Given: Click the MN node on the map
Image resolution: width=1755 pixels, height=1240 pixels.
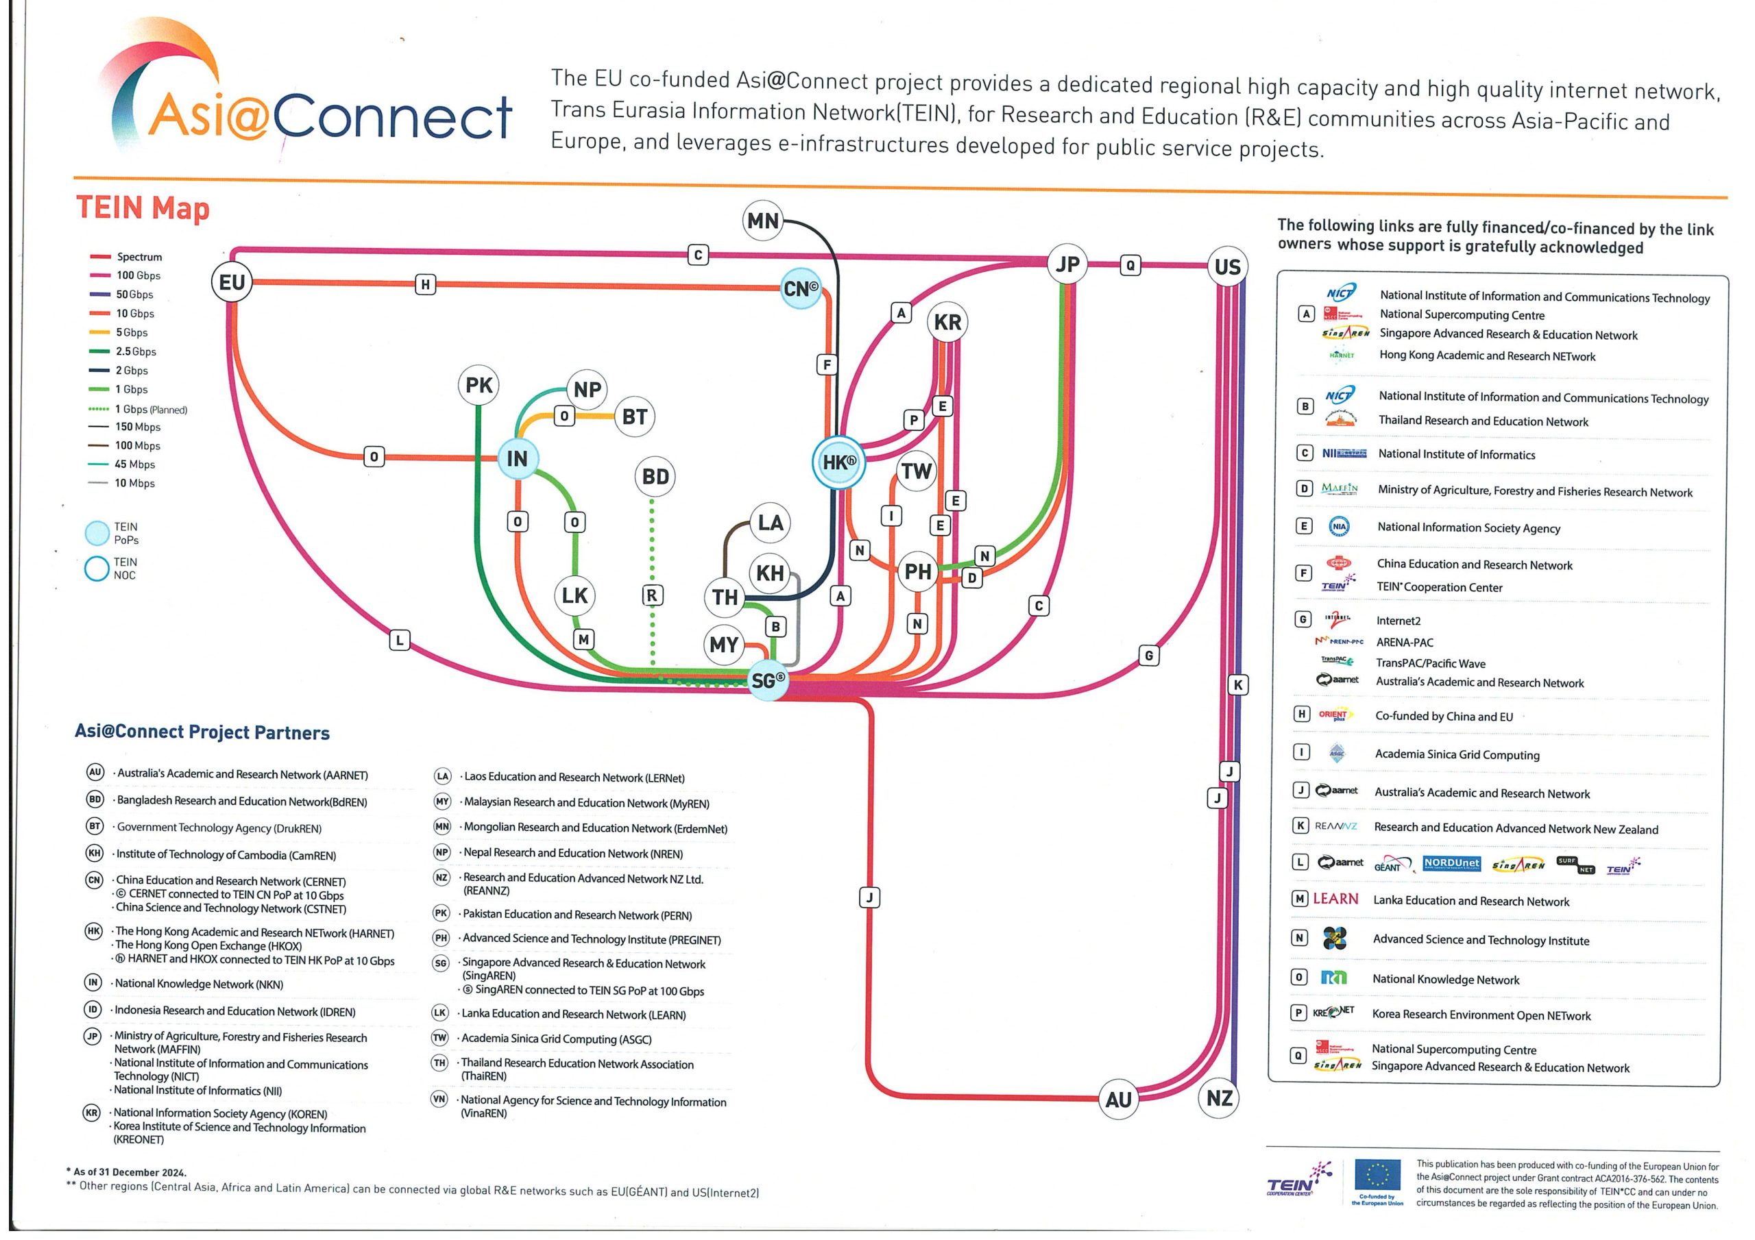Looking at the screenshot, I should [x=763, y=221].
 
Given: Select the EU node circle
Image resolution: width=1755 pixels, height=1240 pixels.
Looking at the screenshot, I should [x=232, y=282].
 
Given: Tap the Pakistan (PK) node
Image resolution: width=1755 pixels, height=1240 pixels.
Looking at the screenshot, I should [x=479, y=385].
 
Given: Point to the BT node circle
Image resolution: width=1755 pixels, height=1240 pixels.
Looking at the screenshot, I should [x=634, y=417].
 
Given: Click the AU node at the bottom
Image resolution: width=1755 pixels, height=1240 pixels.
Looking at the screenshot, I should [x=1117, y=1100].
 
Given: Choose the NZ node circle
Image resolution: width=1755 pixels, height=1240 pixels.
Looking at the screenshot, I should [x=1219, y=1098].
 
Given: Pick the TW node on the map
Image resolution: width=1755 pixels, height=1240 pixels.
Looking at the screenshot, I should [x=916, y=471].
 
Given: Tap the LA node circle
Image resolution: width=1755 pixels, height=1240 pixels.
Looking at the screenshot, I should [x=770, y=523].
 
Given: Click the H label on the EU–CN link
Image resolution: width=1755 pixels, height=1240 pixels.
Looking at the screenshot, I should [x=425, y=284].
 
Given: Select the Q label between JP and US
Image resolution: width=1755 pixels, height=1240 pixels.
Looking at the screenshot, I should [x=1130, y=265].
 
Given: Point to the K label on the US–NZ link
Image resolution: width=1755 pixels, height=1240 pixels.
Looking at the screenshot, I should [x=1237, y=684].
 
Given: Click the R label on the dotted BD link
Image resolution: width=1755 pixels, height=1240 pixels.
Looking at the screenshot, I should [x=651, y=595].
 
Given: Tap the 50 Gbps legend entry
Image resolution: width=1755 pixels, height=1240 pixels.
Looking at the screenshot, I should [x=134, y=294].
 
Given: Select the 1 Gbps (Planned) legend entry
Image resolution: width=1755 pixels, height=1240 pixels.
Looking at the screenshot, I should [x=150, y=410].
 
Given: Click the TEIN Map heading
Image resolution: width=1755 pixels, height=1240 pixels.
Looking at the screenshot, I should [x=143, y=208].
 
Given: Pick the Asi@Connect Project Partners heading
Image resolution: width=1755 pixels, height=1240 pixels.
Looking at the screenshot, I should [x=202, y=732].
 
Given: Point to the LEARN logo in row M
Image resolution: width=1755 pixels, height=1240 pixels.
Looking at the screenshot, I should [x=1335, y=900].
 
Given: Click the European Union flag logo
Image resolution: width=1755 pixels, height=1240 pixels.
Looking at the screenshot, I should [x=1377, y=1174].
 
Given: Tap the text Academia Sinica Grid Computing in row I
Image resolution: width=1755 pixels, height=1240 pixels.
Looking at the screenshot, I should [x=1457, y=755].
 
